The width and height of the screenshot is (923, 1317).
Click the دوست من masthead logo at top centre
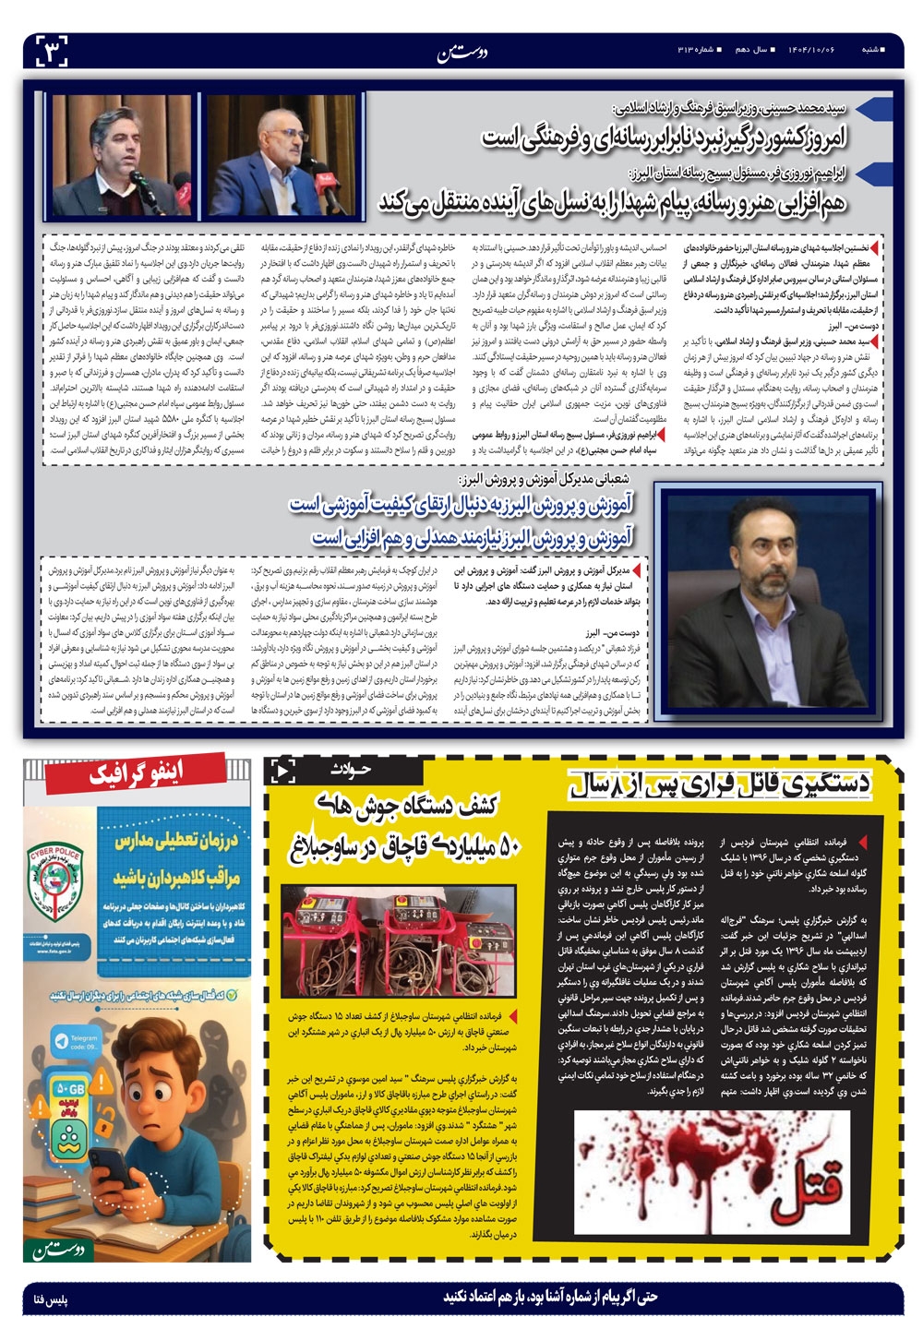coord(461,53)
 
